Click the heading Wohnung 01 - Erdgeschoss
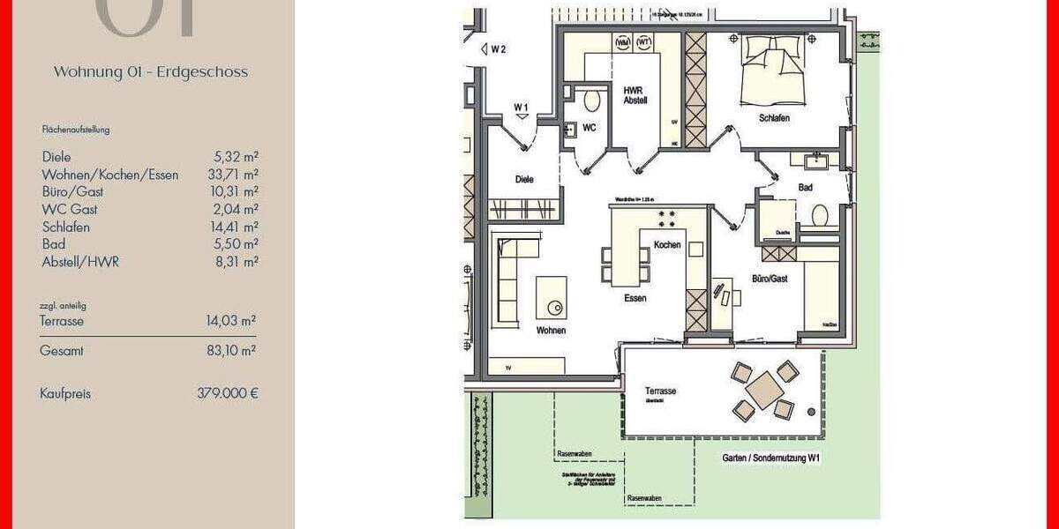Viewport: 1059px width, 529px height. pos(151,72)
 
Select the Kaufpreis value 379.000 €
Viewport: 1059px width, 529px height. pos(228,394)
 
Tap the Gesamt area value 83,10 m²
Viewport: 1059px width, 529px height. pos(231,350)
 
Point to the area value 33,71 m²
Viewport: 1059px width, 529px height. pos(232,175)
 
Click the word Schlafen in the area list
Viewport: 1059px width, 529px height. pos(66,227)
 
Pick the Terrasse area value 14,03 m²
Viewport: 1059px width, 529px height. pos(231,321)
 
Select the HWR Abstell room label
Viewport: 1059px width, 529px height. pos(635,94)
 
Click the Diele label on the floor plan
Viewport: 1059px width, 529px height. pos(525,179)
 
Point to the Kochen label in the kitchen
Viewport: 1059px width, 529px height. pos(667,244)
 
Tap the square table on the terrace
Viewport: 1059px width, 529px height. pos(764,390)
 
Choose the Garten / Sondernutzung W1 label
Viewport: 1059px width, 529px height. pos(770,458)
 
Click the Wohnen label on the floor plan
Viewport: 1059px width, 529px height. pos(550,331)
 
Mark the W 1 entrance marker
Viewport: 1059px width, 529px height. pos(522,107)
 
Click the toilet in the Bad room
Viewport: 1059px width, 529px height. pos(820,215)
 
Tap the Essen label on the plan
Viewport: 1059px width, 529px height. pos(635,298)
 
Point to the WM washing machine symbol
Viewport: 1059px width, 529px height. pos(623,41)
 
